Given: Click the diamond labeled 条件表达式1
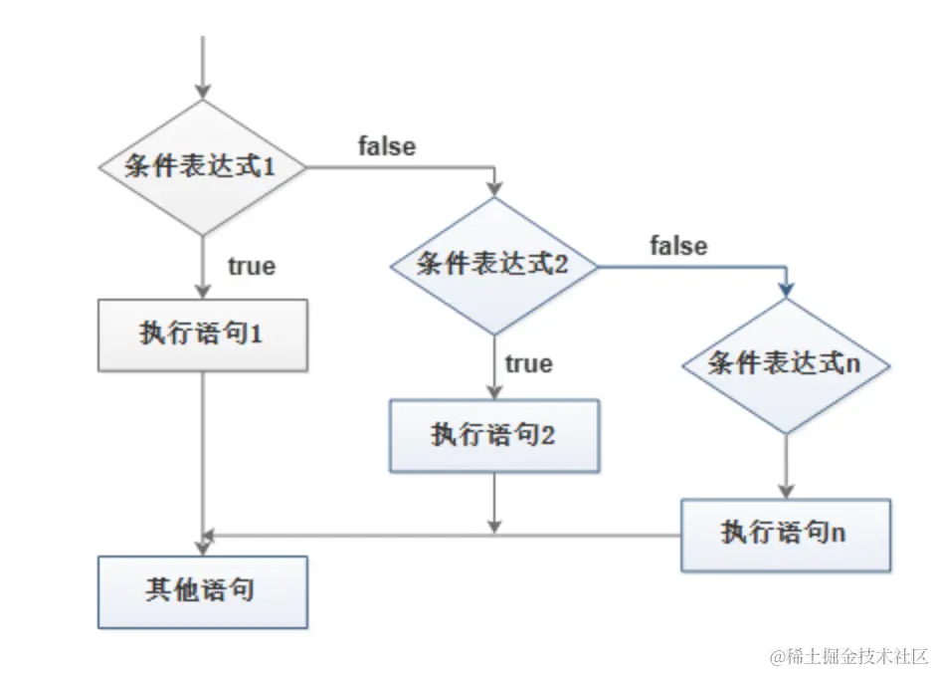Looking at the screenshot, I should (202, 167).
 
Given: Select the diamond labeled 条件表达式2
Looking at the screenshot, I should (493, 265).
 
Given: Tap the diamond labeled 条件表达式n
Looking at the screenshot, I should (786, 364).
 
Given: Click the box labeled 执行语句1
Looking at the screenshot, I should (202, 335).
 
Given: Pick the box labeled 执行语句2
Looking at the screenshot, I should (493, 435).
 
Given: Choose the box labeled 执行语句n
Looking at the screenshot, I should (786, 534).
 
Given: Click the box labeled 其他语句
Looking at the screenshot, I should (202, 591).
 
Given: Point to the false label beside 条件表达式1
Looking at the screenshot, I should (387, 146).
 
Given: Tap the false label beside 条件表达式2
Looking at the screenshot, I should (679, 245).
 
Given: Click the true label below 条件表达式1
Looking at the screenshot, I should (252, 266).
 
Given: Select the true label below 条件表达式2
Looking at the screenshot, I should (528, 363).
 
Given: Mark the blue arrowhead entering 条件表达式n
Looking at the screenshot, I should (786, 289).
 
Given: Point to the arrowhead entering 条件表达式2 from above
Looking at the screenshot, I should (493, 190).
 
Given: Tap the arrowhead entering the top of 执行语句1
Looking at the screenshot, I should (202, 290).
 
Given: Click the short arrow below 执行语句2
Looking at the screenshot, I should (493, 503).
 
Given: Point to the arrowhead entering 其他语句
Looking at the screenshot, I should (205, 545).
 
